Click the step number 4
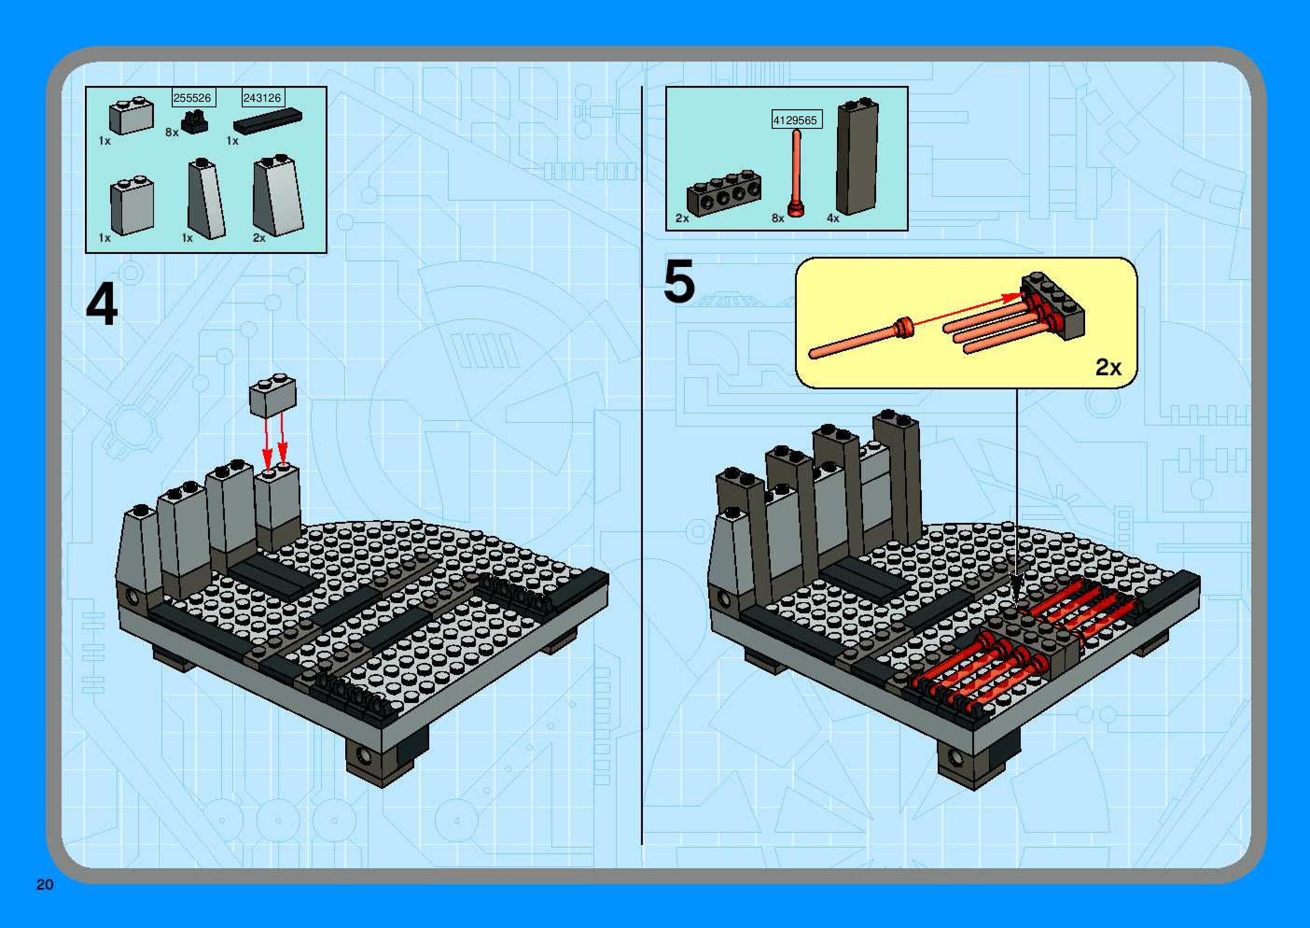(x=102, y=306)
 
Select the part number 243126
(x=262, y=98)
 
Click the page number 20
(x=44, y=885)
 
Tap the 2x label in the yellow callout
(x=1108, y=367)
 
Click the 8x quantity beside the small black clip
(x=172, y=132)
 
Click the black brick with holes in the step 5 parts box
(x=724, y=193)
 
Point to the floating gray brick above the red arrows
(x=273, y=395)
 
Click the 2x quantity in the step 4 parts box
(x=259, y=238)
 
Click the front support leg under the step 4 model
(x=386, y=758)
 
